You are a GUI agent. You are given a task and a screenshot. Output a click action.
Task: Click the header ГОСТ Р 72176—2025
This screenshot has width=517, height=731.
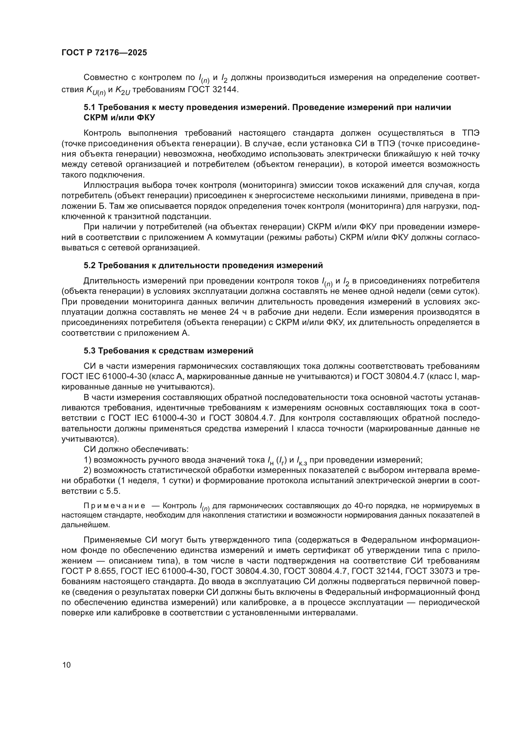104,53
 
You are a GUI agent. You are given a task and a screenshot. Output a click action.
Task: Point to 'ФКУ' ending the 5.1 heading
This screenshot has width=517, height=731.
146,118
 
